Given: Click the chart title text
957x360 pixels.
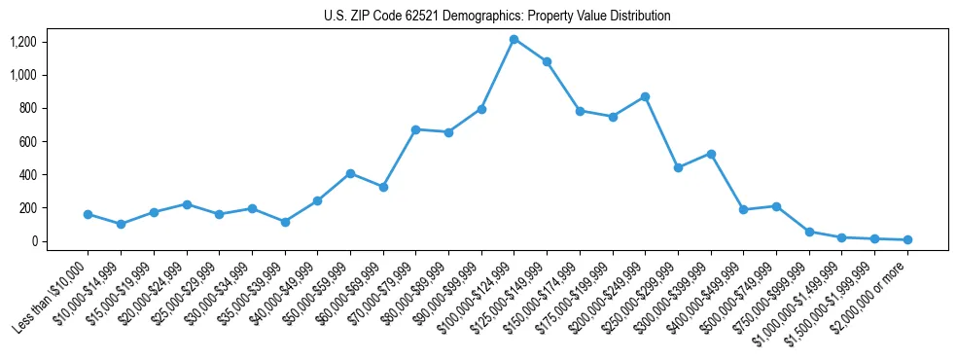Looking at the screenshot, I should tap(497, 16).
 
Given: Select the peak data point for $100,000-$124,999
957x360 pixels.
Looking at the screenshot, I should tap(514, 39).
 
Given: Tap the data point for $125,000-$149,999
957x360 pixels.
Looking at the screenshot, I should tap(547, 61).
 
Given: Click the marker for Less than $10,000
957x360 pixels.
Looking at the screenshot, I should tap(88, 214).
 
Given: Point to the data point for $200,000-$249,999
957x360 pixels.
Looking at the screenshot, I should tap(645, 97).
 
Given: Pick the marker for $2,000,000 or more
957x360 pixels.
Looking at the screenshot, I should tap(907, 239).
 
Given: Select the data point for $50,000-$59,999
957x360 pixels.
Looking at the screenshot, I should tap(350, 173).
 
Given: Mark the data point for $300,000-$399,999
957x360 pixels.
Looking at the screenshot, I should tap(711, 154).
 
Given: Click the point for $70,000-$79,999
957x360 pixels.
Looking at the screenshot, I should tap(415, 129).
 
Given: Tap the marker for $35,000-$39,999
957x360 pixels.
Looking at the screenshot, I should tap(284, 222).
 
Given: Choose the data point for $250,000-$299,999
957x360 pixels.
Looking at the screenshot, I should tap(678, 167).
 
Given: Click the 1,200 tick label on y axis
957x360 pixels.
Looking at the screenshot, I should tap(23, 42).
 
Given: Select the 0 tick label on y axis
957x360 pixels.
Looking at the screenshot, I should tap(33, 241).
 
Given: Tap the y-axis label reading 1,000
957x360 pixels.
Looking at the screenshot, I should tap(23, 75).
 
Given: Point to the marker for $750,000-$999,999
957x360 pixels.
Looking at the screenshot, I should tap(809, 232).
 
